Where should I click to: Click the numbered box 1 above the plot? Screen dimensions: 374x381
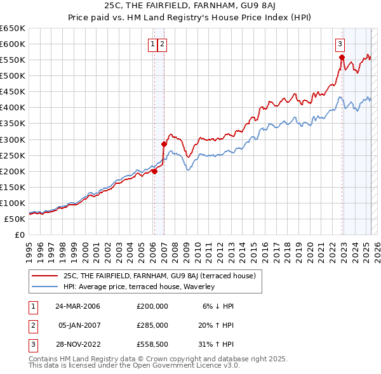[x=154, y=44]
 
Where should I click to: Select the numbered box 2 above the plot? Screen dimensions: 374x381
[x=163, y=44]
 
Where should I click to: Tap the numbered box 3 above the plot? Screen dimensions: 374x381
[x=340, y=44]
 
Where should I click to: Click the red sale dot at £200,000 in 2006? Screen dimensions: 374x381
[x=154, y=171]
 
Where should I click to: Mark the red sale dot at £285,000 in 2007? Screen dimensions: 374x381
[x=164, y=144]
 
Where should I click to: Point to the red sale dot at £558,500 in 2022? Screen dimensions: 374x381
[x=342, y=57]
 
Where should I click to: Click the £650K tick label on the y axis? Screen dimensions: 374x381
[x=13, y=29]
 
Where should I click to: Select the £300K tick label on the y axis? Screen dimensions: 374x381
[x=13, y=139]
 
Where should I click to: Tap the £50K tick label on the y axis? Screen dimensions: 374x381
[x=15, y=219]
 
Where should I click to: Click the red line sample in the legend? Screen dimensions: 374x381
[x=45, y=276]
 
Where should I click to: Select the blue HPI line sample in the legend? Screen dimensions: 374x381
[x=45, y=287]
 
